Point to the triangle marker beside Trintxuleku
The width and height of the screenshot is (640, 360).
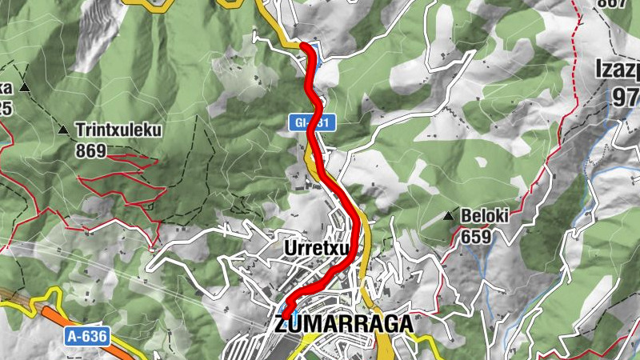pyautogui.click(x=63, y=129)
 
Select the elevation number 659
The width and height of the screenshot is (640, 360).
pyautogui.click(x=475, y=237)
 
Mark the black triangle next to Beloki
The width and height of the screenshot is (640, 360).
pyautogui.click(x=448, y=216)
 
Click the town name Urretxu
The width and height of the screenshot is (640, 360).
pyautogui.click(x=318, y=249)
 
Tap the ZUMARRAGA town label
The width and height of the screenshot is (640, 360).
pyautogui.click(x=344, y=324)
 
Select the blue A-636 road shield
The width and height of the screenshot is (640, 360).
pyautogui.click(x=86, y=337)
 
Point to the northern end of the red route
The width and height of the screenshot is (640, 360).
pyautogui.click(x=305, y=48)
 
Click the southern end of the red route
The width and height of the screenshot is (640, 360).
pyautogui.click(x=286, y=312)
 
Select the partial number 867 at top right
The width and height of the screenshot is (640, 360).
pyautogui.click(x=611, y=4)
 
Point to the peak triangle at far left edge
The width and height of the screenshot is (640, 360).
pyautogui.click(x=25, y=86)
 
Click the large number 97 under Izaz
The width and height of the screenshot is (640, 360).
pyautogui.click(x=624, y=97)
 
